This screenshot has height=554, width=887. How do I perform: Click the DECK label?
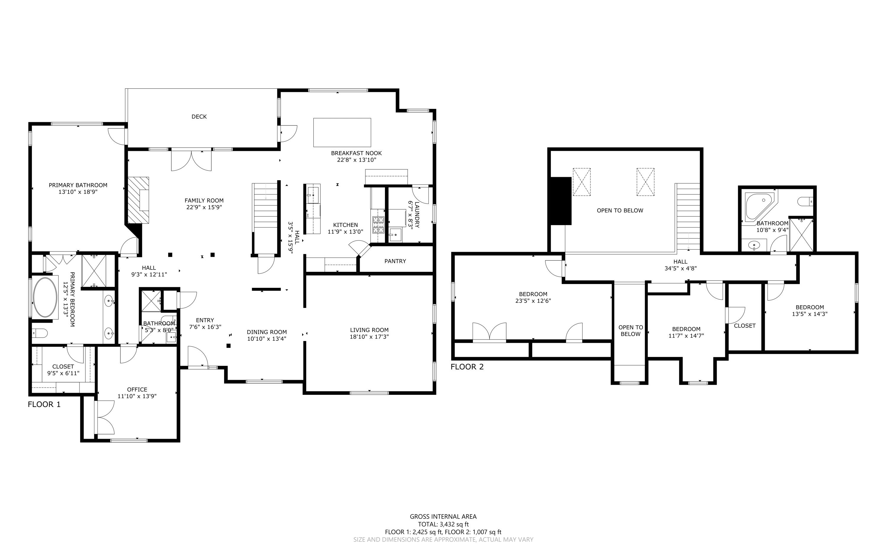click(x=199, y=117)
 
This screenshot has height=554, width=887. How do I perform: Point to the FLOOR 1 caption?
click(x=44, y=405)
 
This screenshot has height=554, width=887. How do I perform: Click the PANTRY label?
click(x=395, y=261)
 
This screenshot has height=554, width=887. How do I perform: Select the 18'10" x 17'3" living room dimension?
click(x=369, y=337)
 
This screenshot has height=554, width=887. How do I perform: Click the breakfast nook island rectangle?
click(x=342, y=132)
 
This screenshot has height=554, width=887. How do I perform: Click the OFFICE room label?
click(x=137, y=390)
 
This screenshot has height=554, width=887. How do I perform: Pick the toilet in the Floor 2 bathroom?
click(x=805, y=201)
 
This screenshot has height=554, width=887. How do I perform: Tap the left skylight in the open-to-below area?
click(x=582, y=182)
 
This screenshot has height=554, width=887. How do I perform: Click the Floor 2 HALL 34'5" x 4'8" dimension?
click(x=680, y=268)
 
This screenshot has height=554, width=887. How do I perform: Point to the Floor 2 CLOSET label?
click(x=744, y=326)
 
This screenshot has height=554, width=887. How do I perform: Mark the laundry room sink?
click(x=395, y=234)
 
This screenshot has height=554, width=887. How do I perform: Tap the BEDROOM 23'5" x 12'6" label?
click(x=533, y=297)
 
